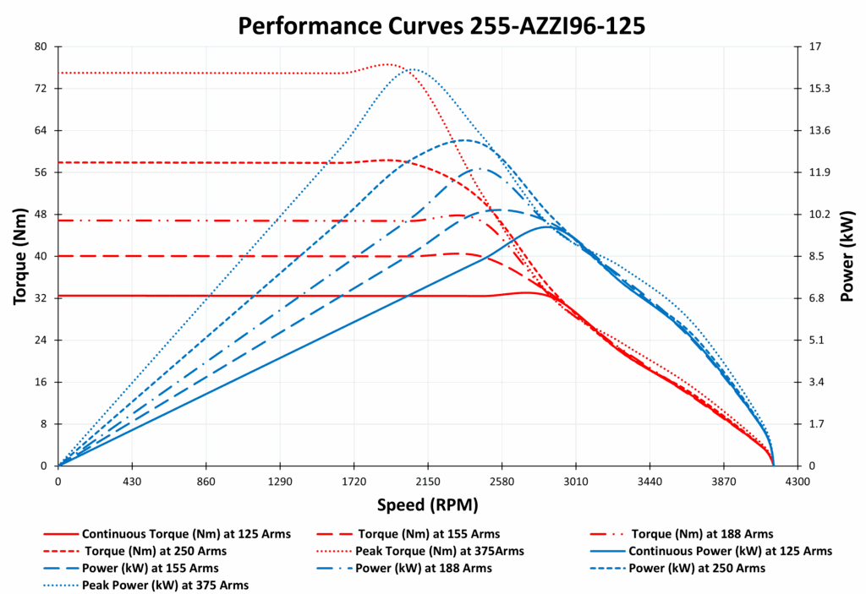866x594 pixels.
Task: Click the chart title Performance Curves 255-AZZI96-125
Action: [x=441, y=25]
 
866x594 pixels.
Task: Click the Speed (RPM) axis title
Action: [x=427, y=505]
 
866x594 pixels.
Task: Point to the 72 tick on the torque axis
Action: [x=40, y=88]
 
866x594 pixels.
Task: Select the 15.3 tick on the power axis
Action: [x=820, y=88]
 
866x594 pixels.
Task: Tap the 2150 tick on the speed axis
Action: [x=428, y=481]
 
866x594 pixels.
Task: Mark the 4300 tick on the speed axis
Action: [x=797, y=481]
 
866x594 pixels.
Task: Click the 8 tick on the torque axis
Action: [x=43, y=423]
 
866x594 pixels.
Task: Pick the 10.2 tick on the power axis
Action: [x=820, y=214]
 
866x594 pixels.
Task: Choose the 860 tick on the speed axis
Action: [x=206, y=481]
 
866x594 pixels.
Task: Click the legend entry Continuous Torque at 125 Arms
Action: [x=186, y=534]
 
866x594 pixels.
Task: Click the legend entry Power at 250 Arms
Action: [x=698, y=568]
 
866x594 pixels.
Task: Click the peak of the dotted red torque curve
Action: [x=387, y=64]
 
